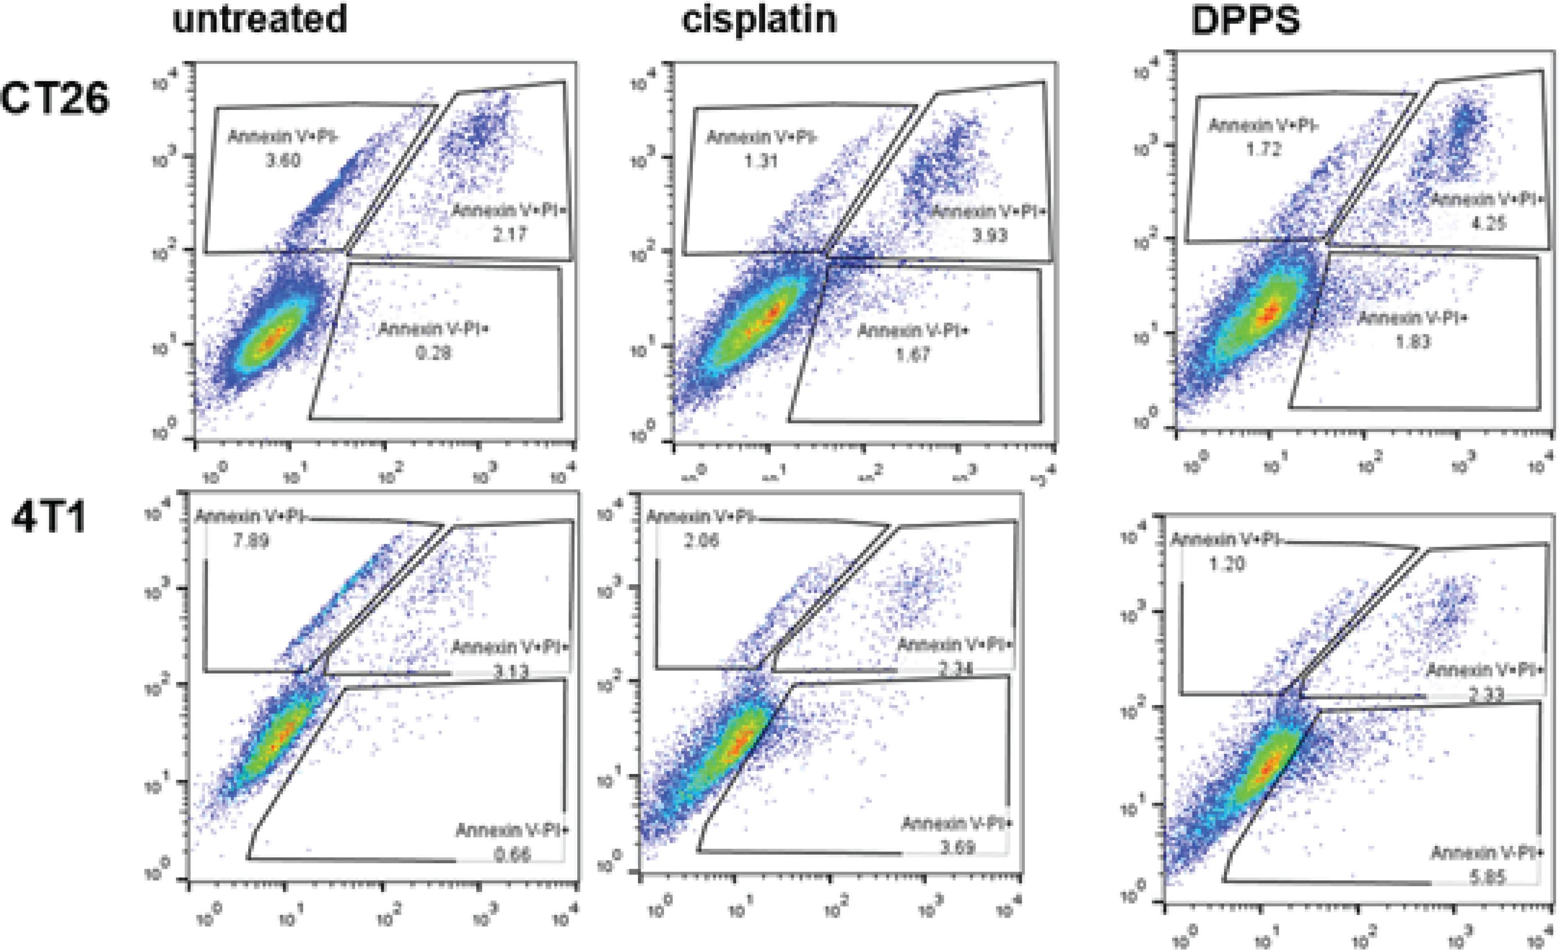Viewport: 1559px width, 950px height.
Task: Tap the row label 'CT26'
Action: pos(56,100)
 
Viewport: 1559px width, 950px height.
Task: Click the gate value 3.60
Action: pos(283,160)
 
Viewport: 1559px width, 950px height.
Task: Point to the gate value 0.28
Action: pos(434,352)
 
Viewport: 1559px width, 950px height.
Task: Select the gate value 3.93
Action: pos(989,235)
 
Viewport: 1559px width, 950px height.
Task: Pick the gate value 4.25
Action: pos(1488,223)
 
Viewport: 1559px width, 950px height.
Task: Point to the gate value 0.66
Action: pos(512,855)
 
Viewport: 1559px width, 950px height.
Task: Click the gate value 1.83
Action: pos(1412,342)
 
